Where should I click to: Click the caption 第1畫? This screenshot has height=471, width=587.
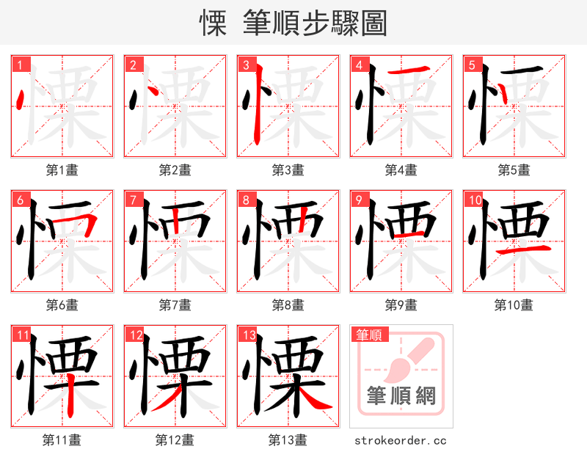tap(62, 170)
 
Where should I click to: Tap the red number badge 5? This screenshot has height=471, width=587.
tap(471, 65)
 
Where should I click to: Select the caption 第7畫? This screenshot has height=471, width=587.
tap(175, 305)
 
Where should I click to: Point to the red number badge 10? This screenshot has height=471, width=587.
tap(473, 200)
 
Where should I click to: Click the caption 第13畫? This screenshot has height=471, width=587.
tap(288, 440)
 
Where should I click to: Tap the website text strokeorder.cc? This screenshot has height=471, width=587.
tap(401, 440)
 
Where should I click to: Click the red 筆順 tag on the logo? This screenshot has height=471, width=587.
tap(368, 335)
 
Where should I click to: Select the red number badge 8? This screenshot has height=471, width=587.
tap(245, 200)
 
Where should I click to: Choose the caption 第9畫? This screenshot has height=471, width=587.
tap(401, 305)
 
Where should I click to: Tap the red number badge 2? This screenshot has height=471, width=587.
tap(132, 65)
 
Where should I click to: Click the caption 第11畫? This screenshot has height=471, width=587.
tap(62, 440)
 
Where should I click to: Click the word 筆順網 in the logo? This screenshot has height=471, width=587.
tap(401, 396)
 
